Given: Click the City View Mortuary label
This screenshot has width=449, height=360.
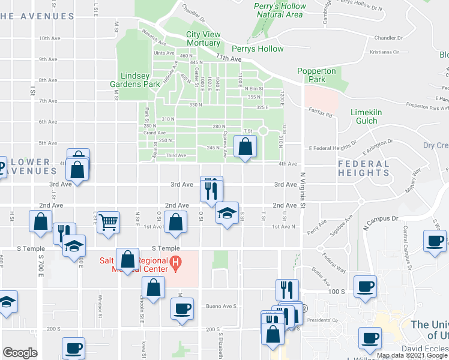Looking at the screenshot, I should [203, 39].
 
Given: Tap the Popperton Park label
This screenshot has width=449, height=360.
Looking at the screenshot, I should [316, 75].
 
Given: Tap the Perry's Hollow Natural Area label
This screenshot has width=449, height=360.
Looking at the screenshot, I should [279, 10].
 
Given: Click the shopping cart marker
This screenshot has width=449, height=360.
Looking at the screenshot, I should [107, 221].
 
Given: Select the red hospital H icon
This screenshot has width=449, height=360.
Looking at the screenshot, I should [176, 262].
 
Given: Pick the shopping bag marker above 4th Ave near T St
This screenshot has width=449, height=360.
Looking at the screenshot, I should [246, 146].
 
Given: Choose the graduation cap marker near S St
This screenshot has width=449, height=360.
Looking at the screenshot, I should [227, 214].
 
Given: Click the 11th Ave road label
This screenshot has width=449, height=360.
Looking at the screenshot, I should [228, 59].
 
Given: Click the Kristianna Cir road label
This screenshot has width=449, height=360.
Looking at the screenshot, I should [389, 52].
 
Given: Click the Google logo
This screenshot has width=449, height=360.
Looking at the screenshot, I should [20, 353].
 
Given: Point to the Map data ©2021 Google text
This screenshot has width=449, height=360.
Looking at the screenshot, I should [411, 355].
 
